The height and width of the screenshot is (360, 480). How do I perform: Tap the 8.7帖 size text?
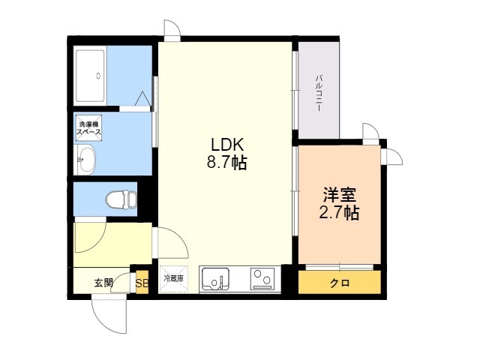tap(226, 163)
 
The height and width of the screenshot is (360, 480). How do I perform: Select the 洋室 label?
tap(340, 195)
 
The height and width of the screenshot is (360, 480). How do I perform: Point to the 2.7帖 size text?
tap(339, 212)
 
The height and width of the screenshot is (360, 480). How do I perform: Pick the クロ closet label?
tap(340, 283)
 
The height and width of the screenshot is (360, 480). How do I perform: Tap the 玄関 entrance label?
tap(103, 283)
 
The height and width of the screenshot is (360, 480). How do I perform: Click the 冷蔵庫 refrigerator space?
tap(173, 278)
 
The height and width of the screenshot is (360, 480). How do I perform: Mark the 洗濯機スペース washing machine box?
tap(88, 128)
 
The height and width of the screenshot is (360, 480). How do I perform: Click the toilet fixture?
tap(121, 199)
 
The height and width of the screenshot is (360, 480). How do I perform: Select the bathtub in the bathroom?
tap(90, 76)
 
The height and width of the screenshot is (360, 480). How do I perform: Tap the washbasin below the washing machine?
tap(86, 160)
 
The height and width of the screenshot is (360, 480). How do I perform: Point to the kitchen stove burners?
tap(262, 278)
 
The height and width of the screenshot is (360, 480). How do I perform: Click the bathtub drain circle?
tap(98, 75)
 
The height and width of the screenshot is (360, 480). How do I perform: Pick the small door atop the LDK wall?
tap(172, 29)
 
